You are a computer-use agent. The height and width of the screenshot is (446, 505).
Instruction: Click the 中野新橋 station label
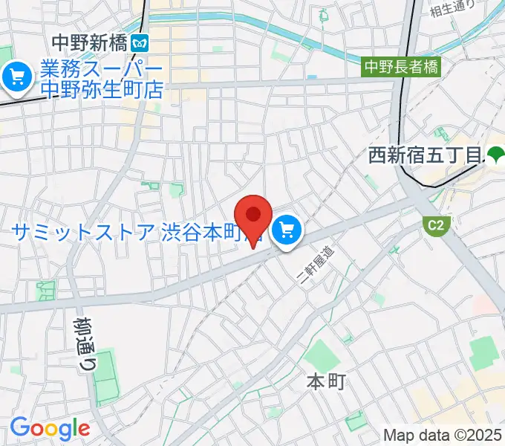[x=89, y=43]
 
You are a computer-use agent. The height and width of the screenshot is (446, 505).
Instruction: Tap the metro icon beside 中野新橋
[x=138, y=43]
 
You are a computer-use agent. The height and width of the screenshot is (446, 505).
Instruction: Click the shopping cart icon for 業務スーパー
[x=16, y=76]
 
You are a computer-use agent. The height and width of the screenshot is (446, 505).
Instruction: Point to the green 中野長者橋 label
[x=401, y=67]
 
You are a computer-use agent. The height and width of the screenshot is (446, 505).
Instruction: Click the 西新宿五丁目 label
[x=426, y=156]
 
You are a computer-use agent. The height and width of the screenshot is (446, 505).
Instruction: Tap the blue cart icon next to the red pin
[x=287, y=231]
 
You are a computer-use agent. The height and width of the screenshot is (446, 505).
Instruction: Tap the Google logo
[x=49, y=428]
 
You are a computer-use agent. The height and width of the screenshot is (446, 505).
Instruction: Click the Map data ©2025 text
[x=442, y=435]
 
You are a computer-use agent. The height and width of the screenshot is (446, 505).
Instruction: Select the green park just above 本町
[x=322, y=355]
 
